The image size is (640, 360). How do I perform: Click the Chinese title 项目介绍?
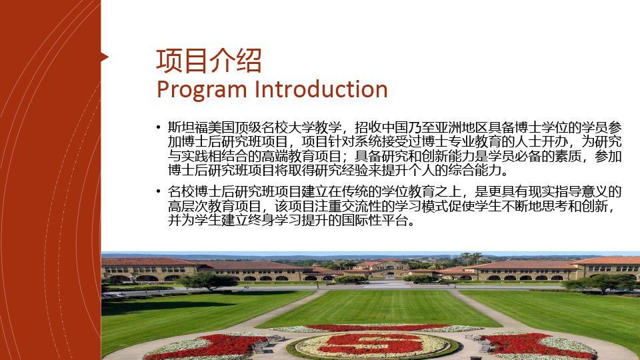click(x=209, y=61)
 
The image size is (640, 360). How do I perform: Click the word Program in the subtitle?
click(x=201, y=90)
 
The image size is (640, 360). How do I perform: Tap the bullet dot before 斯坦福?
click(x=159, y=128)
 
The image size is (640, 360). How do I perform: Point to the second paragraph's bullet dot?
click(x=159, y=191)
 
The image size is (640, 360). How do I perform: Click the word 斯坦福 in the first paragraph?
click(x=187, y=128)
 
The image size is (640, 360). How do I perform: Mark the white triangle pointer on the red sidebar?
click(x=105, y=57)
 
